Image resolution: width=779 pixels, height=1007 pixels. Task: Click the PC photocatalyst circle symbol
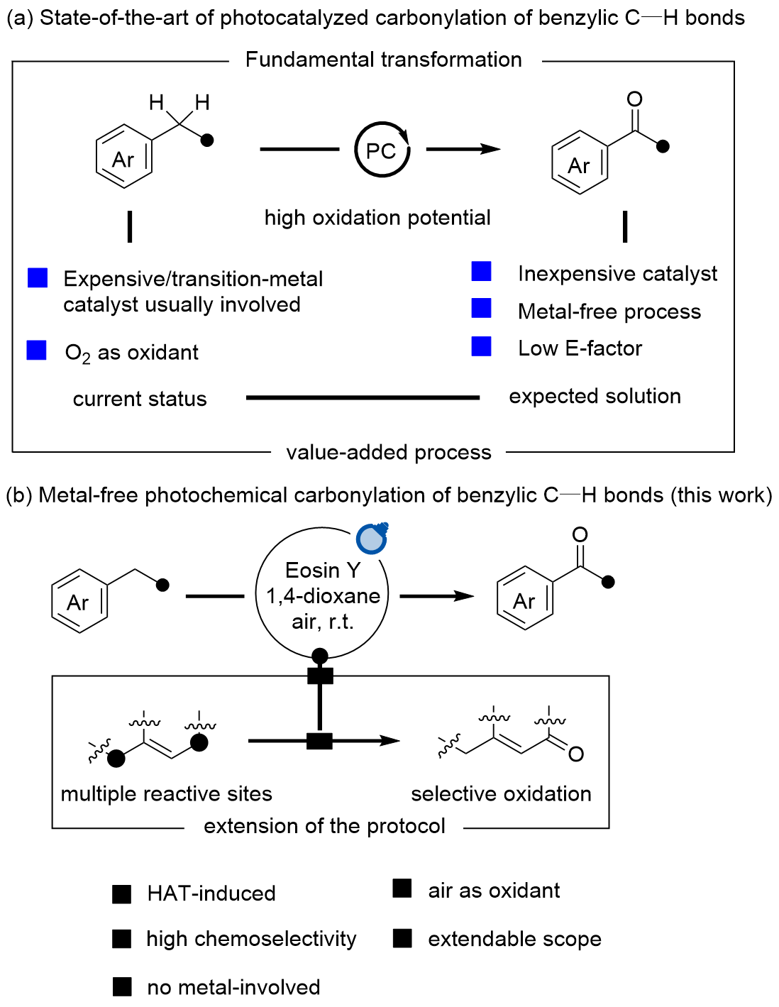tap(382, 150)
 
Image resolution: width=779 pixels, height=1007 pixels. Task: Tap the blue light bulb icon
tap(371, 539)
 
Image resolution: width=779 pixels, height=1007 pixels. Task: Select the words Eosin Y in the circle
tap(323, 570)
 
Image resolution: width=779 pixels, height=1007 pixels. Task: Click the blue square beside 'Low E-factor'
tap(482, 346)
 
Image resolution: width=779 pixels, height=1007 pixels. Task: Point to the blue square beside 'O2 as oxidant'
tap(37, 351)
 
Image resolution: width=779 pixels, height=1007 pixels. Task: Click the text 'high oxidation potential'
tap(377, 217)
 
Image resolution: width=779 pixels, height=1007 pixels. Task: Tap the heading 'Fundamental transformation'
tap(383, 60)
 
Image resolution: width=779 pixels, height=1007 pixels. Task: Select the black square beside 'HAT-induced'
tap(122, 894)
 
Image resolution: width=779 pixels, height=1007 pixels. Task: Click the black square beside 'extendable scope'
tap(402, 939)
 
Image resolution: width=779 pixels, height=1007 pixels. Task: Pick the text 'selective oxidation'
tap(501, 793)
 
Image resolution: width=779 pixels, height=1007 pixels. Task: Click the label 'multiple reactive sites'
tap(167, 793)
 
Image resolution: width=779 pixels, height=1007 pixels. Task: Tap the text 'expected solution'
tap(595, 396)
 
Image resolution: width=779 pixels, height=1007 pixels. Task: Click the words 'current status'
tap(140, 399)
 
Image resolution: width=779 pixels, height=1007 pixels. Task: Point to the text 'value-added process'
tap(389, 452)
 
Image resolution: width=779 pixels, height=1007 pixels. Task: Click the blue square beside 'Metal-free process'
tap(482, 308)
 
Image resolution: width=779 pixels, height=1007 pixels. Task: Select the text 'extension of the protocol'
tap(324, 826)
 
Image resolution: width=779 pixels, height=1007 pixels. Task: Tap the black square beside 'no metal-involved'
tap(122, 986)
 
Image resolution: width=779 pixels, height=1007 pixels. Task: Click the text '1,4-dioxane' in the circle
tap(323, 595)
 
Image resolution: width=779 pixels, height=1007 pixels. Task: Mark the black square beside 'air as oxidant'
tap(402, 888)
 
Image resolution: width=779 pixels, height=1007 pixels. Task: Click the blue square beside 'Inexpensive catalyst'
tap(482, 271)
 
